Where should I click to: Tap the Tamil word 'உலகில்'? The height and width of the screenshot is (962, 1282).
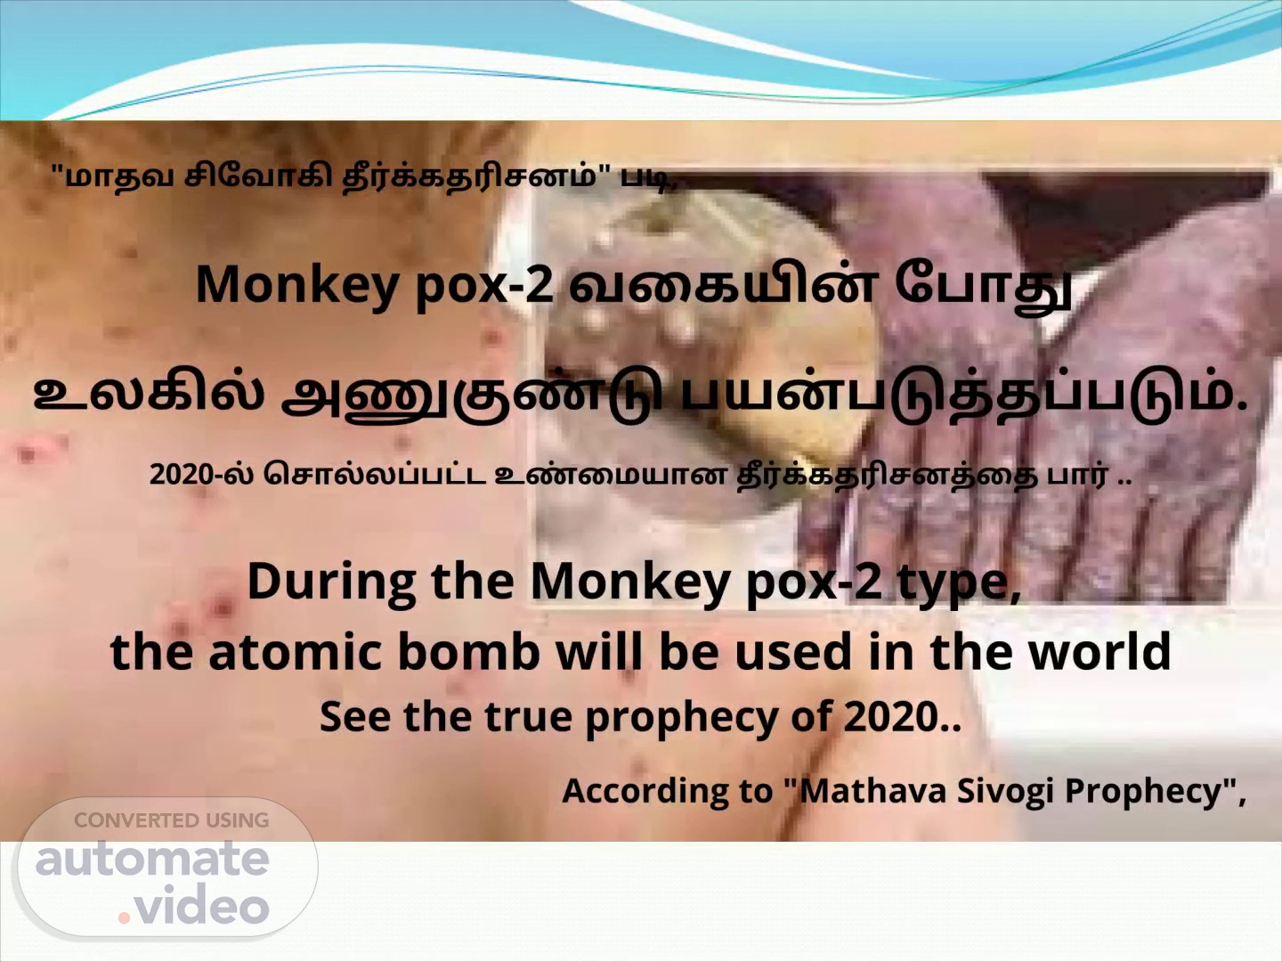(x=149, y=393)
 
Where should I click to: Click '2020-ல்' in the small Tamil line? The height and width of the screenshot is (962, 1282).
(x=201, y=474)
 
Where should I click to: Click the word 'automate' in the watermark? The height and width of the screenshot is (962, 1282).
(x=152, y=859)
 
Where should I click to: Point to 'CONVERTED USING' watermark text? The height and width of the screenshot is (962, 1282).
(x=172, y=820)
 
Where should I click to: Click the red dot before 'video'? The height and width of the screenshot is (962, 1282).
(x=125, y=917)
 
